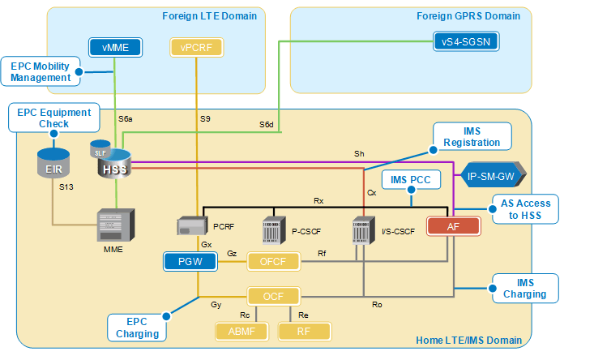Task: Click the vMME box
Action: point(115,48)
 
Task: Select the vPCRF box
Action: point(196,48)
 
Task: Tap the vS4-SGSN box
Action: point(466,41)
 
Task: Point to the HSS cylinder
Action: point(113,164)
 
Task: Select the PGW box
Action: point(188,261)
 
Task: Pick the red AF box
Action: point(453,227)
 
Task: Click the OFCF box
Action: point(272,261)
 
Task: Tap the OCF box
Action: point(272,296)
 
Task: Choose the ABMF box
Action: point(240,331)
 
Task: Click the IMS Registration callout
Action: point(472,136)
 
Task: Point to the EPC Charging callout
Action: point(137,327)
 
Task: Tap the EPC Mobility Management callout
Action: point(41,71)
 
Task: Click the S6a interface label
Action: point(126,119)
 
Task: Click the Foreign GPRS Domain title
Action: point(468,15)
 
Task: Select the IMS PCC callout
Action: point(411,179)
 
